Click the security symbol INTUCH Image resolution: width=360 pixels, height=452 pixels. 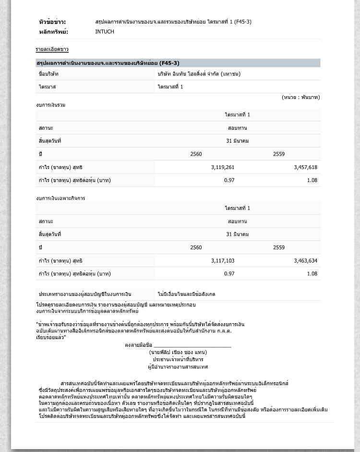coord(105,32)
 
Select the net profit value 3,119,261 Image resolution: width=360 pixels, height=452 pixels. coord(223,167)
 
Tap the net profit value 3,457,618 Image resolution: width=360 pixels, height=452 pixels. coord(305,167)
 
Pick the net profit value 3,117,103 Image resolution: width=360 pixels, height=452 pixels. coord(223,260)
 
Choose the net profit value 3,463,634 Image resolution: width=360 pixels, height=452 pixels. coord(305,260)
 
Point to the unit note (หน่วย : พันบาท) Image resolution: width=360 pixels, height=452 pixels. coord(300,97)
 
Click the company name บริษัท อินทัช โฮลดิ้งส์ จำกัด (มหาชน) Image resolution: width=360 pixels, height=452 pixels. coord(199,74)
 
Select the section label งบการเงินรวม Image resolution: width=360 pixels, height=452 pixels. coord(50,105)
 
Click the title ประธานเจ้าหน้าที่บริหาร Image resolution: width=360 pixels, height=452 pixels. coord(178,359)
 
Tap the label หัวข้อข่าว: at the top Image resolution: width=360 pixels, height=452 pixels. coord(52,22)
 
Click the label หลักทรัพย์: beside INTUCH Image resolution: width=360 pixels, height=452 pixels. coord(53,32)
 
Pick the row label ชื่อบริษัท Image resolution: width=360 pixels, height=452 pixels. coord(48,74)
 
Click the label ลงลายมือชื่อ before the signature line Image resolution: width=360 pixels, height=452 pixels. coord(138,345)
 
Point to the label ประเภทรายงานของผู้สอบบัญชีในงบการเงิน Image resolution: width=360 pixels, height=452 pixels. coord(85,293)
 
